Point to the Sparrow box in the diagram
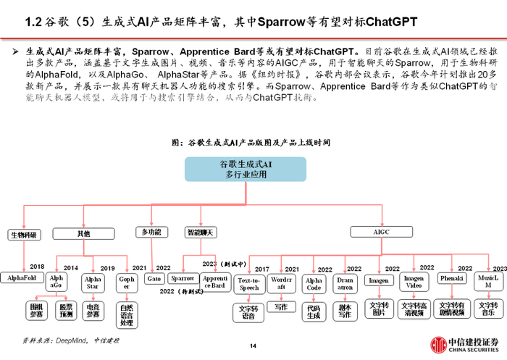coord(183,277)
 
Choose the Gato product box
coord(153,277)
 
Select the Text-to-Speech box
coord(248,284)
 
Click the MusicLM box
coord(487,281)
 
